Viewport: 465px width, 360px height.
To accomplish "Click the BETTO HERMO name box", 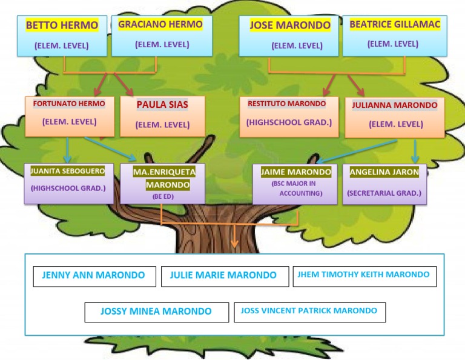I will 62,35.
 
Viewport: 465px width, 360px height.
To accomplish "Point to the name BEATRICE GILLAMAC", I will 395,25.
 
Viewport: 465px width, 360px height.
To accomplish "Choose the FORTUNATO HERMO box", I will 69,115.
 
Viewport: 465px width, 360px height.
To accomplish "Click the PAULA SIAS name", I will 162,105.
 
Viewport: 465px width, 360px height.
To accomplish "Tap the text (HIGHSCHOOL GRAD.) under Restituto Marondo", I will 289,122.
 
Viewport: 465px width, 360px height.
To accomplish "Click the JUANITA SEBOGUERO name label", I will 68,172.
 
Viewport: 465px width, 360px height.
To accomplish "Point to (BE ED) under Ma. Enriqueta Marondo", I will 162,197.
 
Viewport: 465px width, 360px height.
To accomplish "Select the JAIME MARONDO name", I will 296,172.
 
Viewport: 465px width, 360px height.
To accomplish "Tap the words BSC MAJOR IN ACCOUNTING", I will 296,188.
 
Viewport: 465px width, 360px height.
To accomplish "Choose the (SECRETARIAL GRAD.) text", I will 384,193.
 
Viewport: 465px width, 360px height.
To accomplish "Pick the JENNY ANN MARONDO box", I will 94,276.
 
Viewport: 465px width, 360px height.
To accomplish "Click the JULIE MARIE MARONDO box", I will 223,276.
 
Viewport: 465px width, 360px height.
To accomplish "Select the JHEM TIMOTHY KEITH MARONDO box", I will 364,275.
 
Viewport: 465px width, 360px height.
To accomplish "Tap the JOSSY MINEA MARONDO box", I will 156,312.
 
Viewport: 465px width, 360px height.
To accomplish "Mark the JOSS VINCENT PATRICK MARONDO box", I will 309,312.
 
